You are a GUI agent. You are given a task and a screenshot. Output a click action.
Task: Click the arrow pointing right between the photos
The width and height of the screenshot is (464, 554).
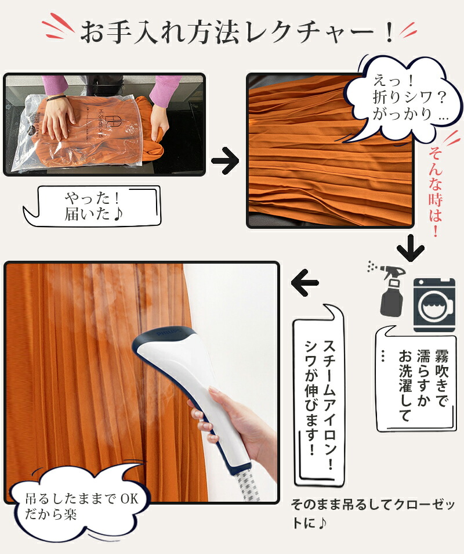click(226, 161)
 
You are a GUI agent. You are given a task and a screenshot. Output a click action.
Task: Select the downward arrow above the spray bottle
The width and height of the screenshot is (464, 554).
click(411, 248)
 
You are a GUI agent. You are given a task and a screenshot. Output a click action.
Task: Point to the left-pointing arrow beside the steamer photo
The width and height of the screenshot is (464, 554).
click(305, 283)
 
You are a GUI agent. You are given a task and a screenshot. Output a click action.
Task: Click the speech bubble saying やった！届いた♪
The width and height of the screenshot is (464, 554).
click(92, 206)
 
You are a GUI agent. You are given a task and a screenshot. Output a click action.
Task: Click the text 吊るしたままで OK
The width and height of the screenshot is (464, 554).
click(82, 499)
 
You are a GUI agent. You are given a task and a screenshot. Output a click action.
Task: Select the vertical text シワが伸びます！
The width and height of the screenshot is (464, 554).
click(311, 397)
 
